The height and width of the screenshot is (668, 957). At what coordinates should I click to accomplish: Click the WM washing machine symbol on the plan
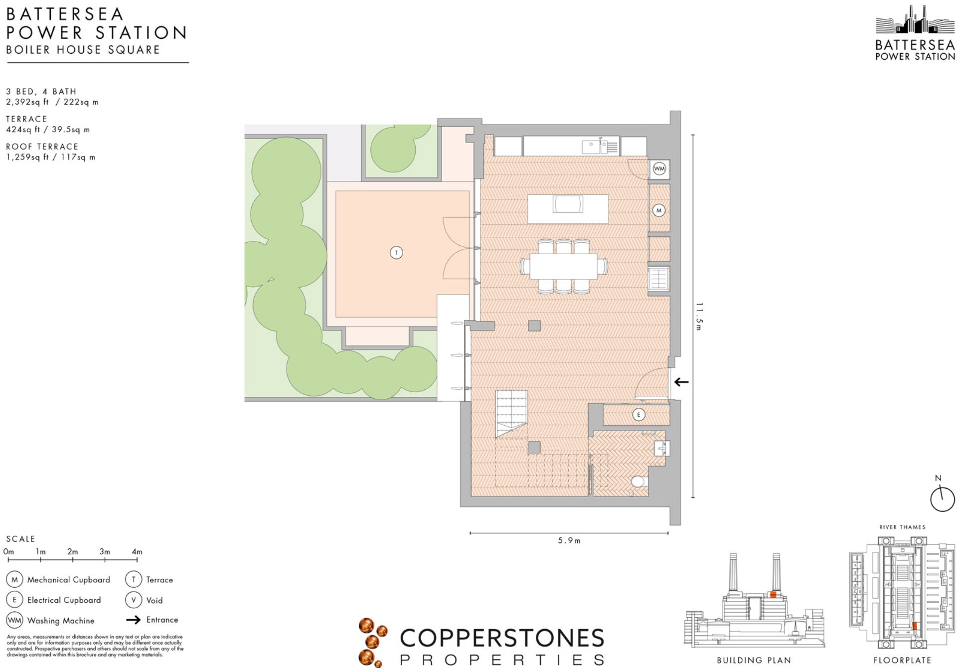659,168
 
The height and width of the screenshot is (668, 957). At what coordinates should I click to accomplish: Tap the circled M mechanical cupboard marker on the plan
659,210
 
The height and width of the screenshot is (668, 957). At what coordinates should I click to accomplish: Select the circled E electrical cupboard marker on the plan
638,414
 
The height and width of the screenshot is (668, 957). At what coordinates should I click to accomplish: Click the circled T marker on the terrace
396,253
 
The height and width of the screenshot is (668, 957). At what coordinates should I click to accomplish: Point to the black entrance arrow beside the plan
681,382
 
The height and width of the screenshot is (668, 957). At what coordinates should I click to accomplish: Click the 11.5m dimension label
699,317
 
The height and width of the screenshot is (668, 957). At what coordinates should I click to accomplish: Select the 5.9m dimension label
569,540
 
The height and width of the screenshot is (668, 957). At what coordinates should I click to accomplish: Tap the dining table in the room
564,267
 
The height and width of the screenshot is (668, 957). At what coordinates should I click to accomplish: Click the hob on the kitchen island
568,204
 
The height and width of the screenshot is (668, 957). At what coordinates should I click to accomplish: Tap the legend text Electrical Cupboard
64,600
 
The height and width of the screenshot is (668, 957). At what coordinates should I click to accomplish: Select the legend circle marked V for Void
134,600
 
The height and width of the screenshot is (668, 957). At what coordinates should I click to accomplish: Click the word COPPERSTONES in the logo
502,638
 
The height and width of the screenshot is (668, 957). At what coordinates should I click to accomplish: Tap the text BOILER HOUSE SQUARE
83,50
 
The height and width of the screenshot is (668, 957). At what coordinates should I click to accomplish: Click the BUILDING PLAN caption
754,660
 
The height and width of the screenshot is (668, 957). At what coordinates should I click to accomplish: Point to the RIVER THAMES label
902,527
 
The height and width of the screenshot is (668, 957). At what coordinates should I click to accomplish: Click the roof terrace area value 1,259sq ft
27,157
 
